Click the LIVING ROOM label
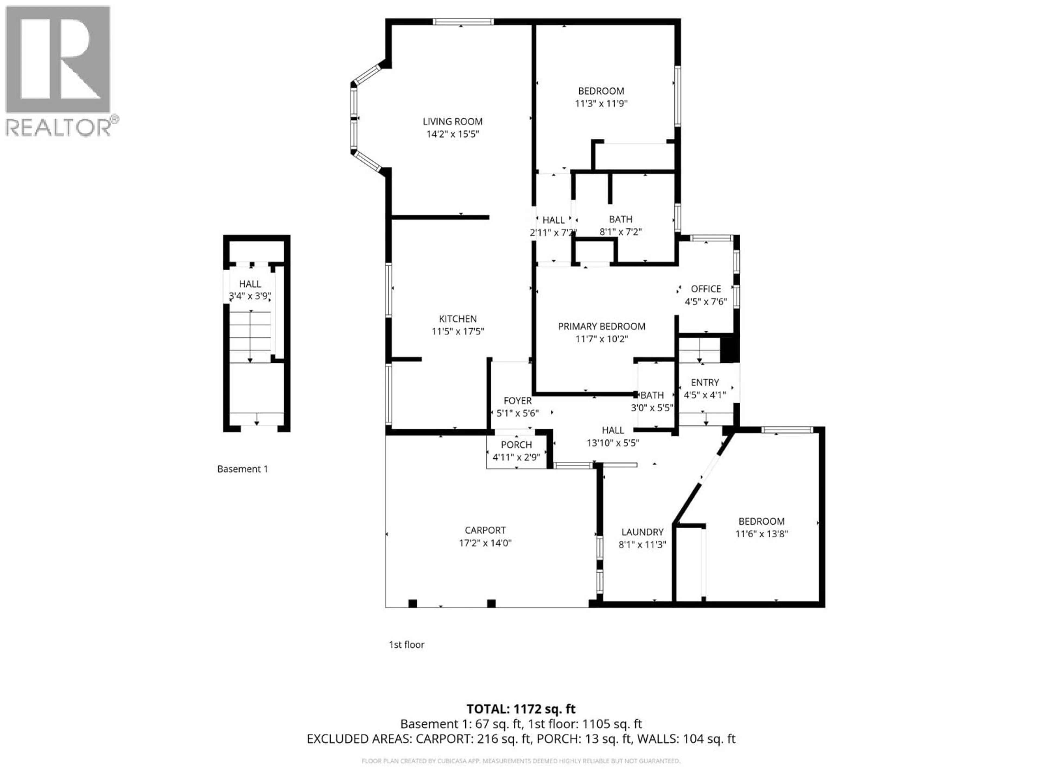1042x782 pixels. click(x=452, y=122)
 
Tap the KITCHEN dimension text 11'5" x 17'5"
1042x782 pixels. click(x=458, y=331)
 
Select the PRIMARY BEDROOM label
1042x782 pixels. click(x=602, y=326)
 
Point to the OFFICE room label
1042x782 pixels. click(x=706, y=289)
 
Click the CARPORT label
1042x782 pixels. click(x=485, y=530)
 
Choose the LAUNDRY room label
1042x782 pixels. click(x=642, y=532)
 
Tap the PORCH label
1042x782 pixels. click(x=516, y=444)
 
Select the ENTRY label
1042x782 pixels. click(x=705, y=382)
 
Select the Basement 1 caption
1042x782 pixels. click(x=242, y=469)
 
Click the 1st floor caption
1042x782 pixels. click(x=406, y=645)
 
